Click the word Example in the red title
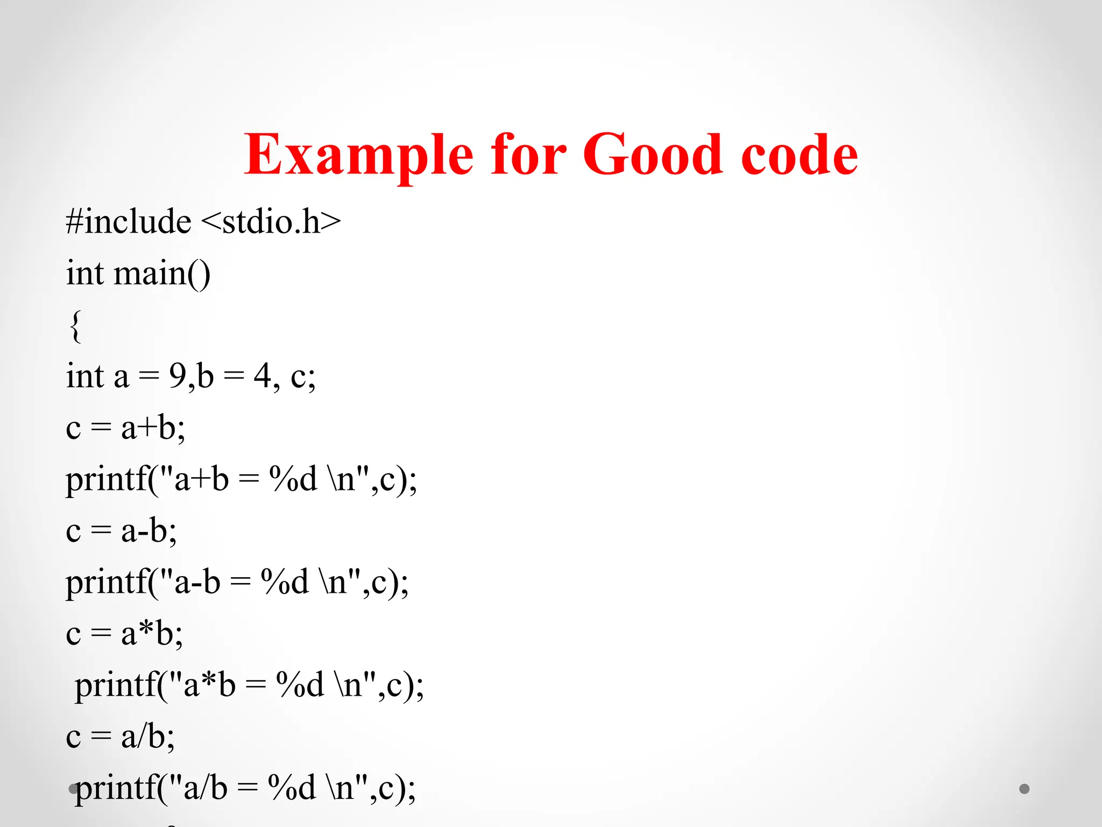tap(358, 156)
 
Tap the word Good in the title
tap(652, 156)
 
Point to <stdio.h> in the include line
tap(271, 222)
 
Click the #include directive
tap(128, 222)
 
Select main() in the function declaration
tap(162, 274)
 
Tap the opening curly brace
tap(76, 325)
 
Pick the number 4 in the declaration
tap(262, 376)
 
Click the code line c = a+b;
tap(125, 428)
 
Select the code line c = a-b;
tap(121, 531)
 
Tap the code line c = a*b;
tap(124, 634)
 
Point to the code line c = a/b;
tap(120, 737)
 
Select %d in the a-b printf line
tap(285, 582)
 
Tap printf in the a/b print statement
tap(115, 788)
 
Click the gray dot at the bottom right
tap(1025, 789)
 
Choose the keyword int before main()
tap(85, 274)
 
